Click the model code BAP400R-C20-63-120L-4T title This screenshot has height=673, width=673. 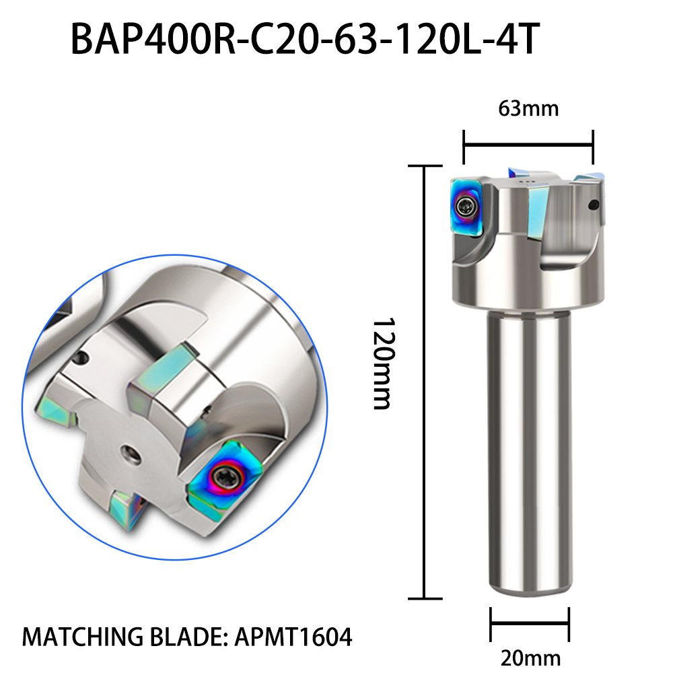click(305, 40)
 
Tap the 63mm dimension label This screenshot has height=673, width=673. click(528, 108)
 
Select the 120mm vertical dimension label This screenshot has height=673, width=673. click(382, 363)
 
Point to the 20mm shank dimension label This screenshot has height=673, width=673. click(530, 658)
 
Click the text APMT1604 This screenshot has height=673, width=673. click(293, 637)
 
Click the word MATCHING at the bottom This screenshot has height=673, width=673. click(82, 637)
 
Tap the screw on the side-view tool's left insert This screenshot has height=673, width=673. click(465, 207)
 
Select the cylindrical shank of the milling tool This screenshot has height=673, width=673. click(530, 452)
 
